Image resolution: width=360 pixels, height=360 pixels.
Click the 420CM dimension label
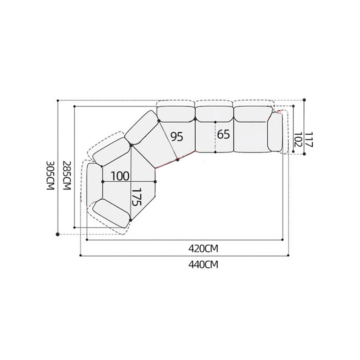(x=203, y=249)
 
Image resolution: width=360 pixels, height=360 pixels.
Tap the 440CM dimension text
(x=203, y=265)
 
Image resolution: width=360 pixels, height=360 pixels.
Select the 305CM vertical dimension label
(x=50, y=175)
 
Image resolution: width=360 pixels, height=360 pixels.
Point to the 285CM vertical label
(x=67, y=175)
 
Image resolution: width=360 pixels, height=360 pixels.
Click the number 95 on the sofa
(x=176, y=137)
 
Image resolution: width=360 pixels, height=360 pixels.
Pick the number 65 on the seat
(x=223, y=134)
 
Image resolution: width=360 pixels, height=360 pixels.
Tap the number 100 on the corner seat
(x=120, y=176)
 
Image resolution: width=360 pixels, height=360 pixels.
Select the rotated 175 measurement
(x=136, y=197)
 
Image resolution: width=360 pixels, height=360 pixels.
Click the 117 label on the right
(x=309, y=139)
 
